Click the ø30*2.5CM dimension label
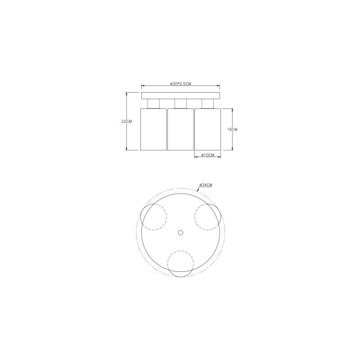[x=180, y=84]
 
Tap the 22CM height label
[x=126, y=121]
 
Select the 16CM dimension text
[x=232, y=130]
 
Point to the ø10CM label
[x=207, y=155]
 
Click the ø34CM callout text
[x=206, y=185]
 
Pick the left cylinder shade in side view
[x=153, y=130]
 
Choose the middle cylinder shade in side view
[x=180, y=130]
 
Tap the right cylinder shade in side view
[x=207, y=130]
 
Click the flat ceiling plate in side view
[x=180, y=96]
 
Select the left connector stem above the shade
[x=153, y=104]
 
